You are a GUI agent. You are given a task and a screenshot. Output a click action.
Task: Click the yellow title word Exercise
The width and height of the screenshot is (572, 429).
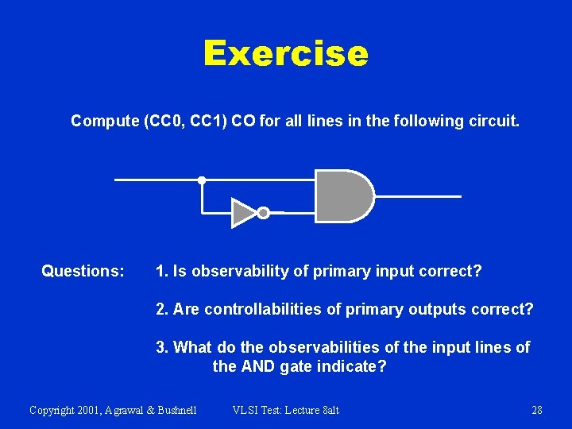(285, 54)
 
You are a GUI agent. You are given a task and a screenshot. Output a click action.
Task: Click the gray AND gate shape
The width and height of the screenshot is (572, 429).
(342, 196)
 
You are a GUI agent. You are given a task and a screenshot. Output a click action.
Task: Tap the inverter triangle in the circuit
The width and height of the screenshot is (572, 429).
(242, 212)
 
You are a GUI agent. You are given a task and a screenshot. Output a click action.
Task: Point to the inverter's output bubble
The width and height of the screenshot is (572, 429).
(264, 212)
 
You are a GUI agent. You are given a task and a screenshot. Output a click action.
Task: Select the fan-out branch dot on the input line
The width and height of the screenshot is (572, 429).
(202, 180)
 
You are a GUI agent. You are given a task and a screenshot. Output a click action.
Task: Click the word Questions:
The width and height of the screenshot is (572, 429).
(83, 272)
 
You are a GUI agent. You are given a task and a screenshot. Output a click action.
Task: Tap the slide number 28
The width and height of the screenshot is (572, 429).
(537, 410)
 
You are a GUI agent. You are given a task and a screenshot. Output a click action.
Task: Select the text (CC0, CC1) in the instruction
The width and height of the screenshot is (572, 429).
(181, 122)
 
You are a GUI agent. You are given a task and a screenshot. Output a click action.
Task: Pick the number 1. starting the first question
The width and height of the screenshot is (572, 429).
(162, 272)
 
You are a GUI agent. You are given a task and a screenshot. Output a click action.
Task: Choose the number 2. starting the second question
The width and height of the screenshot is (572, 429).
(162, 309)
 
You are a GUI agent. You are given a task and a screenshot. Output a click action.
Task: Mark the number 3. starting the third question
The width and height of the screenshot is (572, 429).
(162, 347)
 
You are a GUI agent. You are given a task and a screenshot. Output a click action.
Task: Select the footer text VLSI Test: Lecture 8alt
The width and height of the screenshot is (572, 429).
(285, 410)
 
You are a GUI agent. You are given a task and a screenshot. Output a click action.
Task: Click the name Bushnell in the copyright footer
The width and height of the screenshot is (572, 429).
(172, 410)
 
